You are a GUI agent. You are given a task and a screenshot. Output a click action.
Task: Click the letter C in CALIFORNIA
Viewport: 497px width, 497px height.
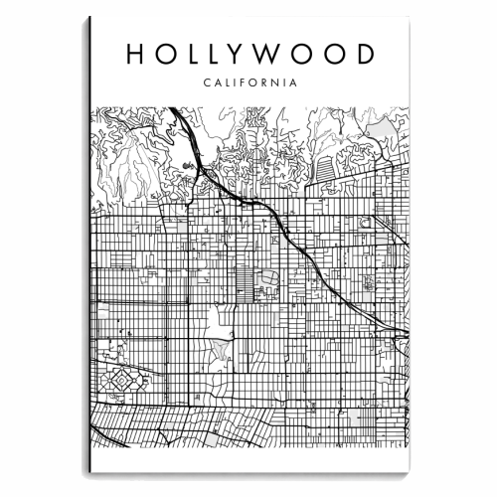(205, 83)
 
